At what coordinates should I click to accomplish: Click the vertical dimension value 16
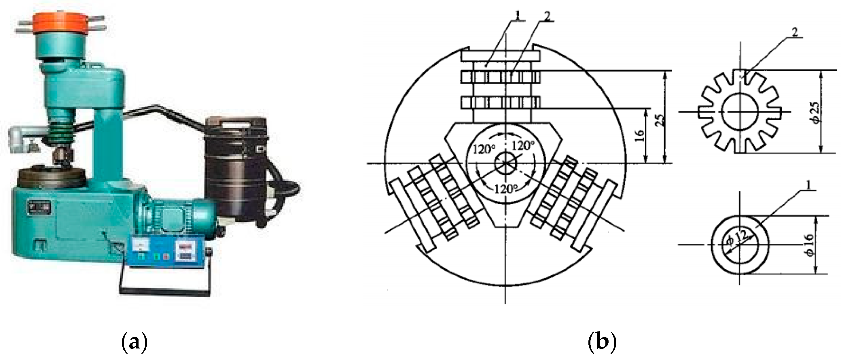tap(641, 135)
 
